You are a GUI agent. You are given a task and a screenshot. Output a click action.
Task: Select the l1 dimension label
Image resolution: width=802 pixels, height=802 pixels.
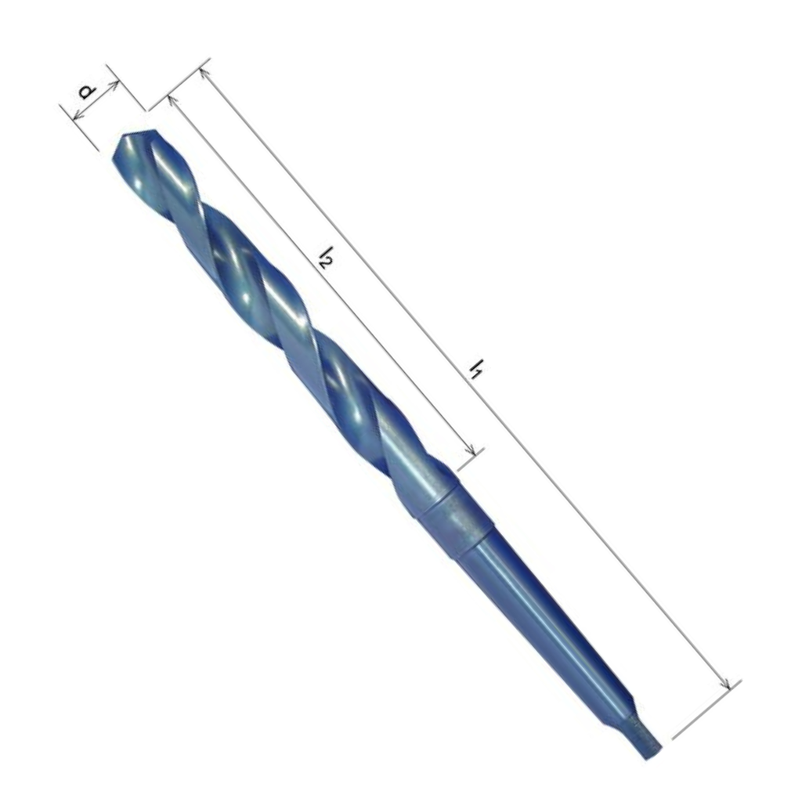pos(475,368)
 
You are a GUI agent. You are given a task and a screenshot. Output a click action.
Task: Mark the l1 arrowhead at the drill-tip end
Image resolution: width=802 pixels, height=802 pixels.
pos(203,72)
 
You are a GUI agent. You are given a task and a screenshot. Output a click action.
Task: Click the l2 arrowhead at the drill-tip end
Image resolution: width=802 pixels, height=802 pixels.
pos(170,99)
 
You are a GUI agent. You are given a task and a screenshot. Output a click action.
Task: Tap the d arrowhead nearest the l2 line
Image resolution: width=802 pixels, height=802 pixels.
pos(114,83)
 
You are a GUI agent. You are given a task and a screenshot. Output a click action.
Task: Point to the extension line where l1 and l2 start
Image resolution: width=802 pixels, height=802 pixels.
pos(180,79)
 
